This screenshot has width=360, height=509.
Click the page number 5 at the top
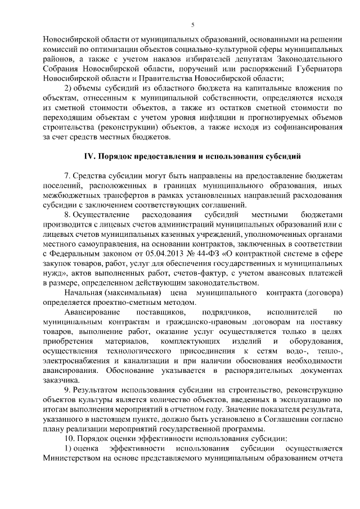point(192,24)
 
